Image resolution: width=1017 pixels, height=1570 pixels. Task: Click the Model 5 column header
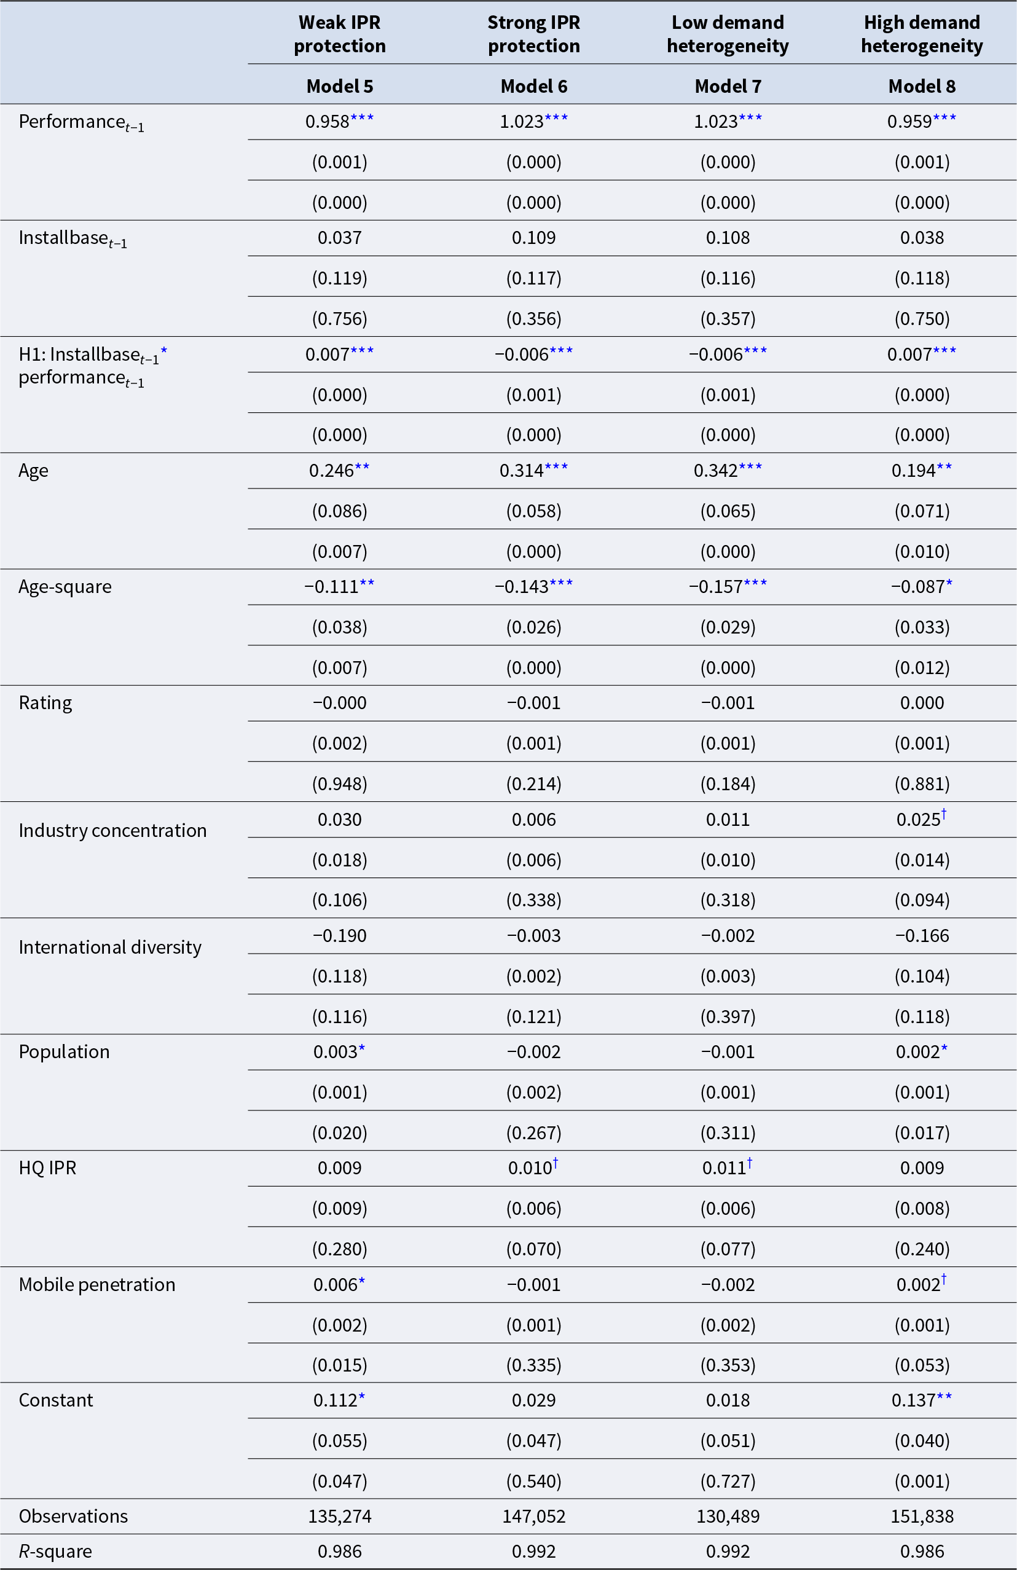340,87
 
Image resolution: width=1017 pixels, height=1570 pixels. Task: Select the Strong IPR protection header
533,34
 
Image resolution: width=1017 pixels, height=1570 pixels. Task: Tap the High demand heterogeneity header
921,34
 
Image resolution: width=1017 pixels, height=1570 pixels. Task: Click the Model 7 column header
728,87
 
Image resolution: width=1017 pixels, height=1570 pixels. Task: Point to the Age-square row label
65,586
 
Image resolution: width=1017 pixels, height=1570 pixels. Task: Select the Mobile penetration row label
97,1284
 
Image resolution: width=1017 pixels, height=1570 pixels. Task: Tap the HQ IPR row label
47,1168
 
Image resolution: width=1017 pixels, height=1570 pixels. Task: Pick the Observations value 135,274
340,1516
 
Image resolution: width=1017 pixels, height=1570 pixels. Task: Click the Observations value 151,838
921,1516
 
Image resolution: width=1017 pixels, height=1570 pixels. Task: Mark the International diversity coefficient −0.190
340,935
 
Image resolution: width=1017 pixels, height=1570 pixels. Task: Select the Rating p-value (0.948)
340,783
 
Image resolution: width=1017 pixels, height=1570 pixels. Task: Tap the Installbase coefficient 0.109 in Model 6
533,237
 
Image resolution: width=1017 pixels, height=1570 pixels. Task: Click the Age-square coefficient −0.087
917,586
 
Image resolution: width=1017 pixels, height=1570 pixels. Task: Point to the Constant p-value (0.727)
728,1481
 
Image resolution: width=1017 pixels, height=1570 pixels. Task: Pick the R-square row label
55,1551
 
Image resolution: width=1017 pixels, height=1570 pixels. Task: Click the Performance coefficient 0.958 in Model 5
327,122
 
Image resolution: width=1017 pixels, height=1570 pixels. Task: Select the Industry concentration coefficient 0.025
917,819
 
